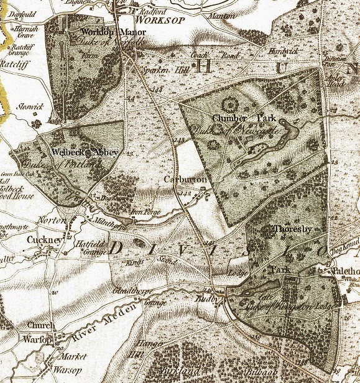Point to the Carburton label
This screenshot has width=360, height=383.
click(x=182, y=179)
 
